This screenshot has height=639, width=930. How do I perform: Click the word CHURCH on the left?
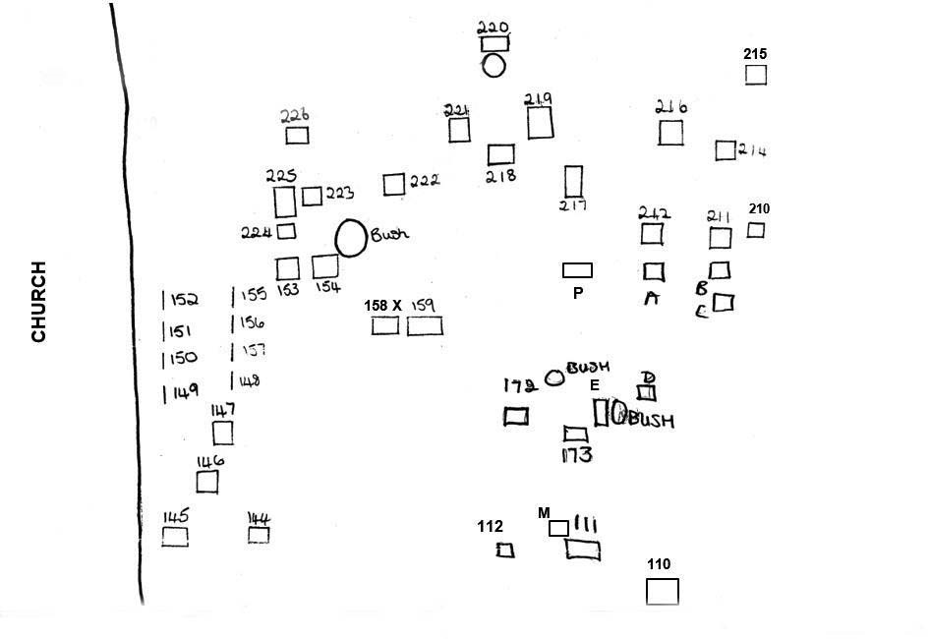click(x=39, y=301)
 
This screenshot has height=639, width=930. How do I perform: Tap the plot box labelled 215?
click(x=755, y=75)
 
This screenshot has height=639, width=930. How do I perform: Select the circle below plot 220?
click(x=494, y=65)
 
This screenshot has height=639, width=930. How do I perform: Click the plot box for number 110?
click(x=662, y=592)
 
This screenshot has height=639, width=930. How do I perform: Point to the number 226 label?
click(x=294, y=115)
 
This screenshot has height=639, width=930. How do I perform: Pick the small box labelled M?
click(x=557, y=528)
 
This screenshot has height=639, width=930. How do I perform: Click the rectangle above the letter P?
click(x=577, y=269)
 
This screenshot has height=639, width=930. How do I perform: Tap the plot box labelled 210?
click(x=755, y=230)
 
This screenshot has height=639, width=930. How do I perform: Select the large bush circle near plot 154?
click(x=350, y=237)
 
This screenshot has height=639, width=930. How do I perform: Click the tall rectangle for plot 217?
click(x=573, y=181)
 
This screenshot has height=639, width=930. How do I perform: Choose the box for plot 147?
click(x=223, y=433)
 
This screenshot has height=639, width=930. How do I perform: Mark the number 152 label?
click(x=184, y=300)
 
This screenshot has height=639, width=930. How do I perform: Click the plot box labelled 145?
click(x=175, y=537)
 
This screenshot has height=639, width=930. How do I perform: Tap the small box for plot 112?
click(x=505, y=551)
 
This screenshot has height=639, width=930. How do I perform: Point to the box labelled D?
click(x=646, y=393)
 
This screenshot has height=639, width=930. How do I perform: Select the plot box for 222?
click(x=393, y=184)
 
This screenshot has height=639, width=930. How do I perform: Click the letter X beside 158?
click(x=396, y=306)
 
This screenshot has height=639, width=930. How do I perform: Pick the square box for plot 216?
click(x=670, y=133)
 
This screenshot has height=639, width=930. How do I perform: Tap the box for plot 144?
click(x=259, y=535)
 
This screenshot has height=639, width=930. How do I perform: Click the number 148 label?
click(x=249, y=381)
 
